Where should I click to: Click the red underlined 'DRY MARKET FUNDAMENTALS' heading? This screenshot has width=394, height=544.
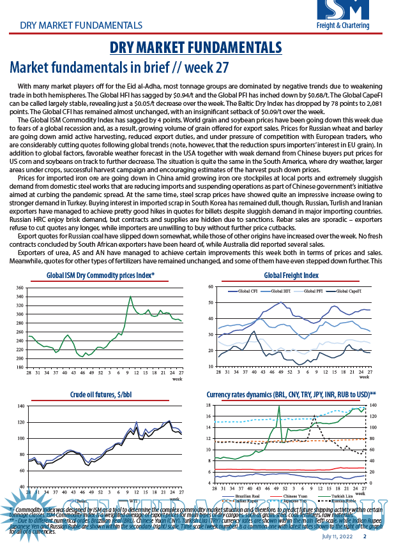tap(196, 48)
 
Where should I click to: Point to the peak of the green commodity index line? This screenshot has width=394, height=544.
tap(130, 297)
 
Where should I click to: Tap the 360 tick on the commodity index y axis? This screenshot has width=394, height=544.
tap(21, 288)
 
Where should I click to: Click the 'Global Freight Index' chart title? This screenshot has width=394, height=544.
tap(291, 276)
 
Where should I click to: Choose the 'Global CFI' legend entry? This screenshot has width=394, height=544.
tap(246, 291)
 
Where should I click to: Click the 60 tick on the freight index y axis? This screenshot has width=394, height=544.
tap(211, 288)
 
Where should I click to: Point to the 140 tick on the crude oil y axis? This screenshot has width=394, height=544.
tap(21, 406)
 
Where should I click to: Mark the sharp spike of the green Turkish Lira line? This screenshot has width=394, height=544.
tap(279, 406)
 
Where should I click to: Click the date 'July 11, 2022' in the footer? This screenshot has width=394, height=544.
tap(337, 536)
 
